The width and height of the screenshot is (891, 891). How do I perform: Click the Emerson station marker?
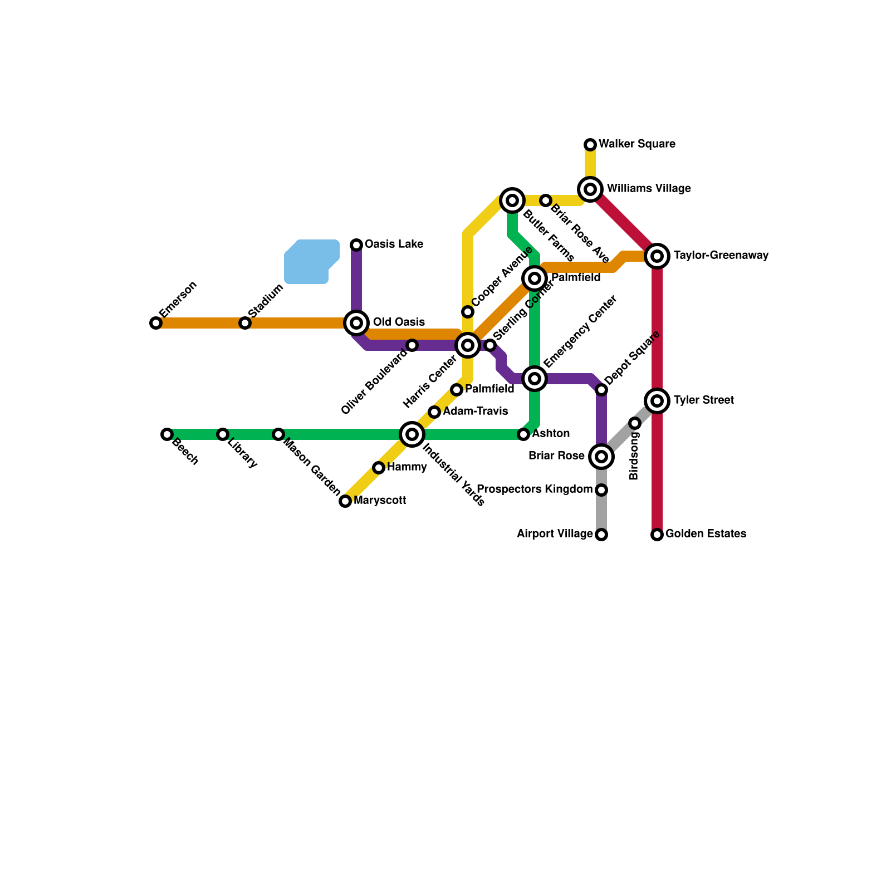(156, 323)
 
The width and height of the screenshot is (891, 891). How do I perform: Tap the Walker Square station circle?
(590, 145)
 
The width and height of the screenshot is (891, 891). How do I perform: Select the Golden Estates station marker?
(657, 535)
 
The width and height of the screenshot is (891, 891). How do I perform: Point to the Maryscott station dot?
(345, 501)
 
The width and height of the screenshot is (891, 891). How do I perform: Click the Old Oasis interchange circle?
(356, 323)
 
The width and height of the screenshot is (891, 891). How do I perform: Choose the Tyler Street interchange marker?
(657, 401)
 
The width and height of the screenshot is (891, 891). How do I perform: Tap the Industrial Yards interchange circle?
(412, 434)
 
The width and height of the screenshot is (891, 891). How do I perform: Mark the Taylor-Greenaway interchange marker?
(657, 256)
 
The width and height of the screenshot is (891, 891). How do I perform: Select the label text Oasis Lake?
(394, 244)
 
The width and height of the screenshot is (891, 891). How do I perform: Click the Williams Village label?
(649, 189)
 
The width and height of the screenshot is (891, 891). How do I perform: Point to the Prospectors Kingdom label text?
(535, 489)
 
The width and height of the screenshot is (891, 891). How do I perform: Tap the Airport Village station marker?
(601, 535)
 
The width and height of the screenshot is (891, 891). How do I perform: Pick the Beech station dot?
(167, 434)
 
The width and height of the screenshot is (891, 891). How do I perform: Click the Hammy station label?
(407, 467)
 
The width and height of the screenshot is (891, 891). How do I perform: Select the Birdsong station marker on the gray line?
(635, 423)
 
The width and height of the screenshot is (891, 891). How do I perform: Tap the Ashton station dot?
(523, 434)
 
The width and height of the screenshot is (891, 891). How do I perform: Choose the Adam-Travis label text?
(475, 412)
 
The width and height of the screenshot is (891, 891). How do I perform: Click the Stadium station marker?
(245, 323)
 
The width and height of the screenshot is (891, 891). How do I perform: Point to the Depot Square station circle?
(601, 390)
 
